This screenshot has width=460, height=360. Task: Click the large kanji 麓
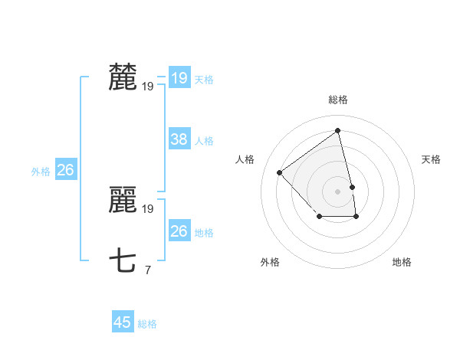point(123,77)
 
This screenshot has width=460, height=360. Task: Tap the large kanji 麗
point(123,201)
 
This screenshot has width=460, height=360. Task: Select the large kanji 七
point(123,260)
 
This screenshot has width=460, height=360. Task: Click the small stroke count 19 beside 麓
point(148,86)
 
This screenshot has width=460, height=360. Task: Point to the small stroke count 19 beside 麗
point(148,208)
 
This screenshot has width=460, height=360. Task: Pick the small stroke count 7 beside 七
point(147,269)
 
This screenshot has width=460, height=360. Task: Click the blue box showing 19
point(179,78)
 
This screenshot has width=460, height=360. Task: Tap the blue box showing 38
point(179,139)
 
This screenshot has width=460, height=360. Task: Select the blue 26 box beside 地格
point(179,231)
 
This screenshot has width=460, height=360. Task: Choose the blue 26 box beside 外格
point(65,170)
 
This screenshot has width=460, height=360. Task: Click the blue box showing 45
point(123,322)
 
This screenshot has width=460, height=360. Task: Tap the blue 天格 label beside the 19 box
point(204,79)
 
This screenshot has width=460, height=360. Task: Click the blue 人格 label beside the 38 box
point(204,140)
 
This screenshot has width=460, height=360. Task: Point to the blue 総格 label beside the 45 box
point(147,324)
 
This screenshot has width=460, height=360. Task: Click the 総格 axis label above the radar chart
point(338,100)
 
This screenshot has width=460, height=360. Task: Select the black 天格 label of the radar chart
point(432,159)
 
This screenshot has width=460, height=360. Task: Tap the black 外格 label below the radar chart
point(270,262)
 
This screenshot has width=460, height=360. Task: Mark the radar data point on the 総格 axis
point(338,131)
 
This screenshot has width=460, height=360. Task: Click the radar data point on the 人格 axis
point(280,172)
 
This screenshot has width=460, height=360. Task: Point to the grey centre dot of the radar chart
point(338,191)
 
